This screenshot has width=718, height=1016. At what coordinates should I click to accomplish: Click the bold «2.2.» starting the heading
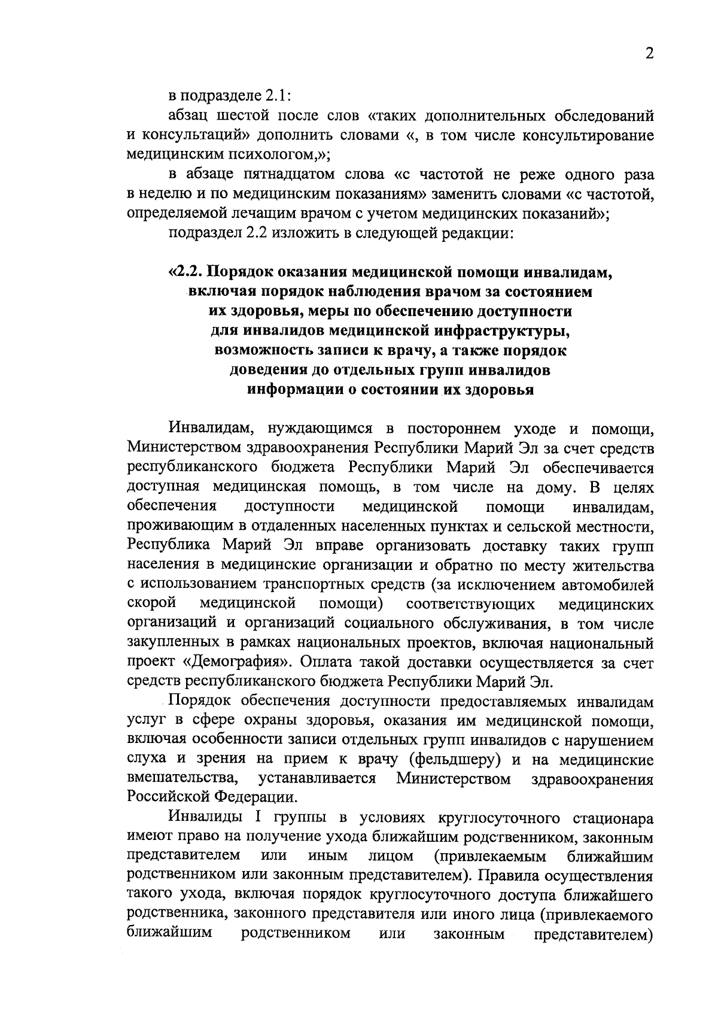coord(188,272)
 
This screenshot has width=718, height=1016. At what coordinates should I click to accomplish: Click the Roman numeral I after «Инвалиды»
coord(258,818)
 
